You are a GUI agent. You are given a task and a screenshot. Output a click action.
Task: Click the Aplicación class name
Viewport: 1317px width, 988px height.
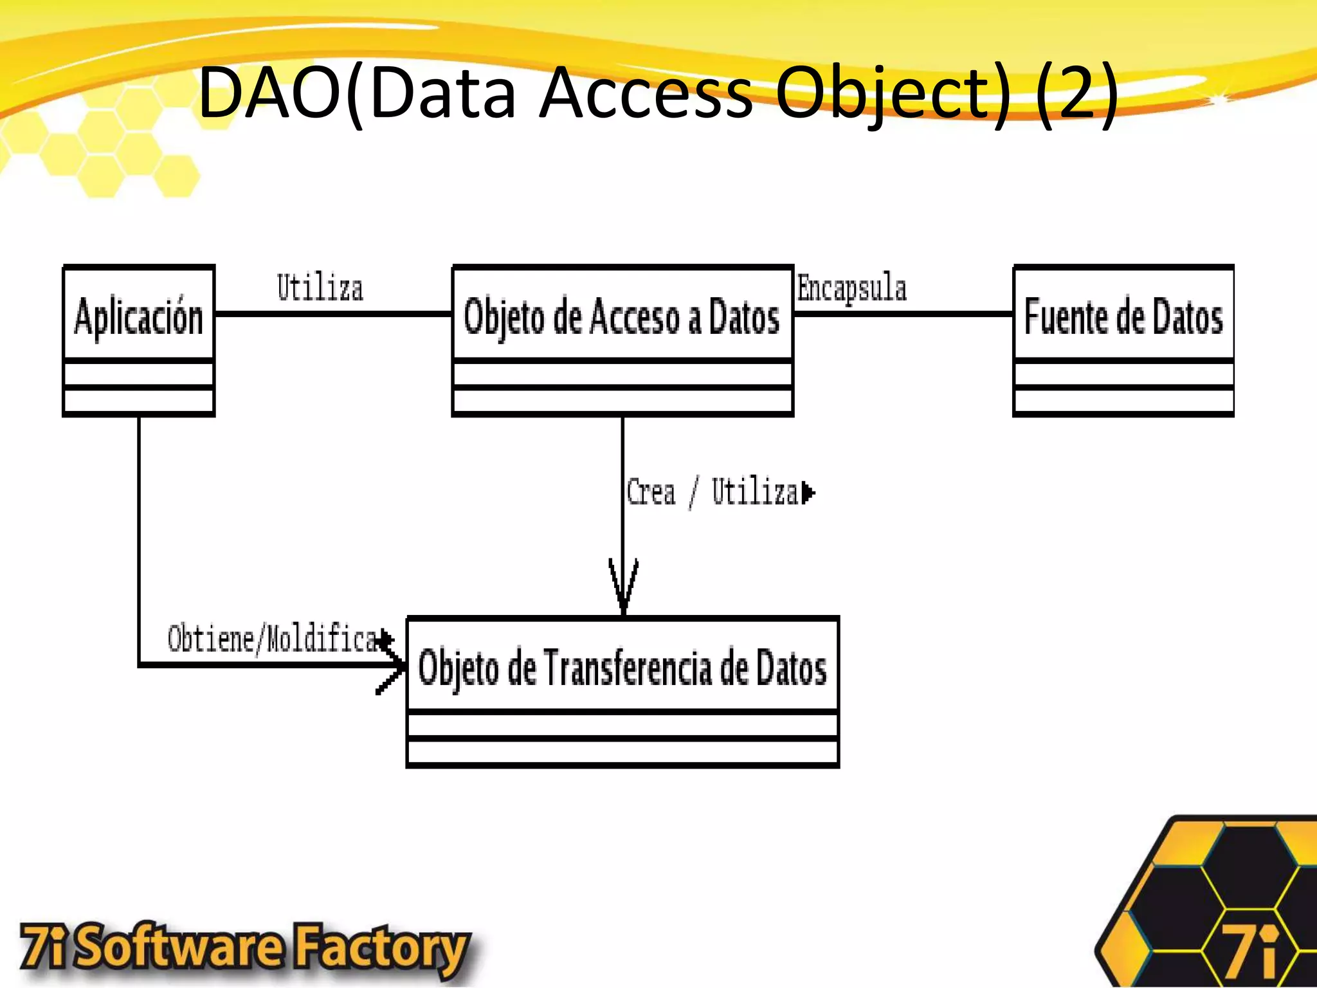138,316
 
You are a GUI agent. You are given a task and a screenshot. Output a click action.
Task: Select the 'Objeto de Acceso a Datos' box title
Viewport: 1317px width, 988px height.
622,317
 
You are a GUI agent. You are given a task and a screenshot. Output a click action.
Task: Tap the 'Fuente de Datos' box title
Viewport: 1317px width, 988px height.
1123,317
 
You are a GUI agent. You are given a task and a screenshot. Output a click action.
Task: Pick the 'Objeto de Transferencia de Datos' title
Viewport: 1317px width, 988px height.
622,668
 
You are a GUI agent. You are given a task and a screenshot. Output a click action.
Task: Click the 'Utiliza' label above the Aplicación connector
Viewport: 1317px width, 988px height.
320,288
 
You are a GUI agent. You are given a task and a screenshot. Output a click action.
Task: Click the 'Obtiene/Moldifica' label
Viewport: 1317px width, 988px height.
273,639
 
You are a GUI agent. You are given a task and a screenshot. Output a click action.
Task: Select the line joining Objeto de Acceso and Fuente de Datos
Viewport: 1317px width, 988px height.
903,314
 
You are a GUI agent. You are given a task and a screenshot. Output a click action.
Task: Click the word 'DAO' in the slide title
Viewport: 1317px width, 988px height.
270,93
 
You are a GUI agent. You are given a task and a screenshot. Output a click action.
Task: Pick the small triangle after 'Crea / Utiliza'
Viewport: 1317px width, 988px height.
808,493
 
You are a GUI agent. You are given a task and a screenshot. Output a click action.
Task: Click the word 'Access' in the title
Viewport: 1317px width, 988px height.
646,93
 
